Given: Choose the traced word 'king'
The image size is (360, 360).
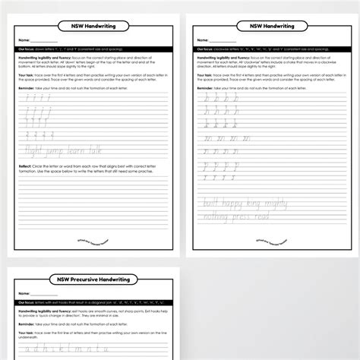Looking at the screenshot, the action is click(x=268, y=206).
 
